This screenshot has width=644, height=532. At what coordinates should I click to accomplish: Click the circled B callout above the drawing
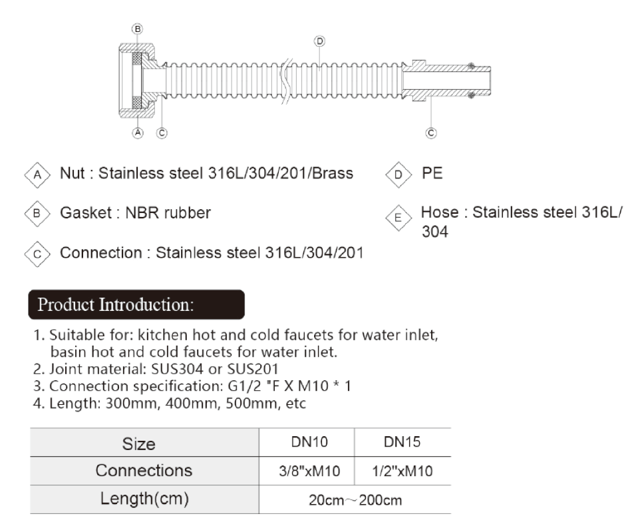(x=138, y=29)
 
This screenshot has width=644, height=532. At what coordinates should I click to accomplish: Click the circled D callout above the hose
(x=319, y=41)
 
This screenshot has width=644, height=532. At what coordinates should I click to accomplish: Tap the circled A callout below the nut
(x=138, y=133)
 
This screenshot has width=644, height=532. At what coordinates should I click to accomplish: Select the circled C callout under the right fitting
(x=431, y=133)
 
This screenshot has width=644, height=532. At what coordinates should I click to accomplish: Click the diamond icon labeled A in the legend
(x=37, y=174)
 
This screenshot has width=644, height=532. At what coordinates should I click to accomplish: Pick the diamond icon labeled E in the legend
(x=399, y=218)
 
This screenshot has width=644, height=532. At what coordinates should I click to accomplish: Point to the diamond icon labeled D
(x=399, y=174)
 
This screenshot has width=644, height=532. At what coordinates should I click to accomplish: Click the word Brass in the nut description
(x=332, y=173)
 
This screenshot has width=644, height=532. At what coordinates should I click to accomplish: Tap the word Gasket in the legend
(x=86, y=212)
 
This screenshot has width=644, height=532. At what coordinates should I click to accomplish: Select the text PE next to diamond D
(x=432, y=173)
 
